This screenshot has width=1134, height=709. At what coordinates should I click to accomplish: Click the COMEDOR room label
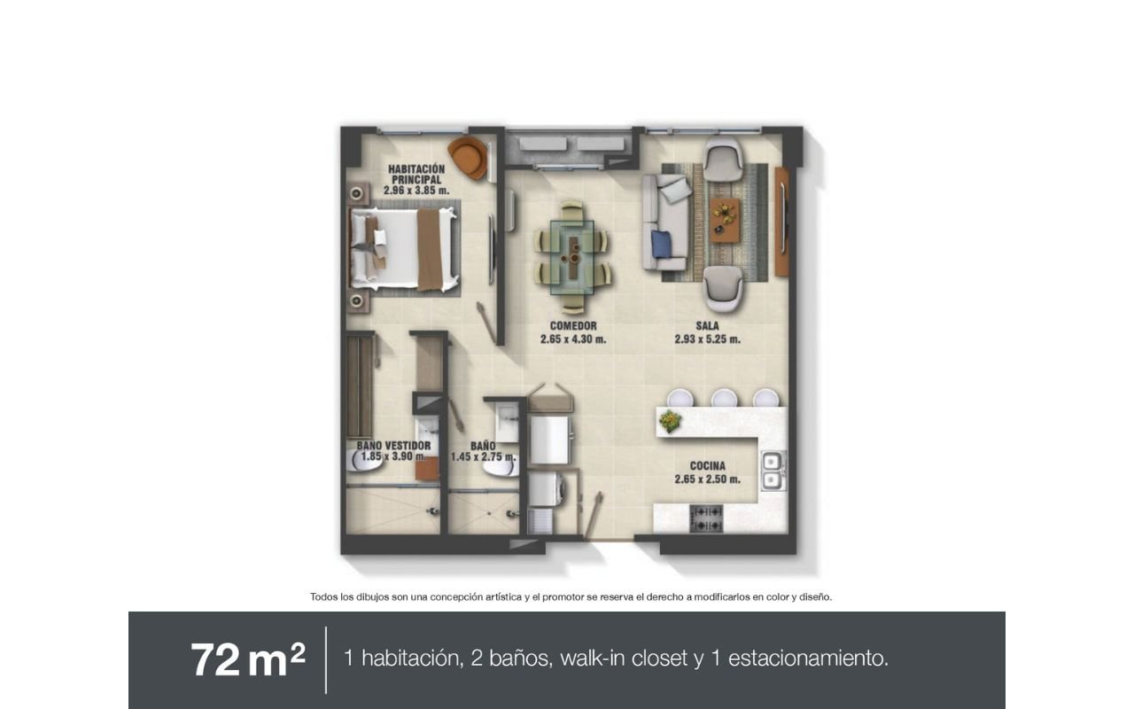point(573,326)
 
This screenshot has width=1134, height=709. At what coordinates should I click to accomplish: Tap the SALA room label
point(707,326)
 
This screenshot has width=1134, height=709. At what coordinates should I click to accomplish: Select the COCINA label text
point(707,466)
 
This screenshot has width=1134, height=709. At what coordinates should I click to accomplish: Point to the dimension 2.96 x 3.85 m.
point(416,191)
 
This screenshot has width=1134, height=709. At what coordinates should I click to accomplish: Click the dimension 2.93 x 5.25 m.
point(707,339)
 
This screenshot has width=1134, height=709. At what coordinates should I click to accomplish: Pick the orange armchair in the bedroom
point(469,158)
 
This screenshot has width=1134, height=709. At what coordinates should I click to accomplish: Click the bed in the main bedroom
point(404,250)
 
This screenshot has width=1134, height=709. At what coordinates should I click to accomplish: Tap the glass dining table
point(572,257)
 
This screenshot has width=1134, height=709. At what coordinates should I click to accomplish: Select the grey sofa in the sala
point(665,222)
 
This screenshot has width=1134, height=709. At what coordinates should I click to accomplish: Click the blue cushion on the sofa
point(661,244)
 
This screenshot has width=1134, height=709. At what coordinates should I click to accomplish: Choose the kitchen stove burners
point(706,519)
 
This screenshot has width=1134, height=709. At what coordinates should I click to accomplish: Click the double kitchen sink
point(773,471)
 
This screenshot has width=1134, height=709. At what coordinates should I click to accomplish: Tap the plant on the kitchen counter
point(671,421)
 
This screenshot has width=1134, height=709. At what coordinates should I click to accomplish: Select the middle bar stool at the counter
point(725,398)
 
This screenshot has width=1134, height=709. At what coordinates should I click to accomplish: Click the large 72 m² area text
point(248,659)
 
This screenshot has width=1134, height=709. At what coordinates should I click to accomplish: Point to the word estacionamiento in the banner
point(808,658)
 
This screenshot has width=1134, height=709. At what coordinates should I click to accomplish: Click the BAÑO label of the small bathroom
point(483,446)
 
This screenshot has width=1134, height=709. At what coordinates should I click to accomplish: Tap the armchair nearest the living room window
point(724,159)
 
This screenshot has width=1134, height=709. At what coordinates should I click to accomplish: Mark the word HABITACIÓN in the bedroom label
point(416,169)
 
